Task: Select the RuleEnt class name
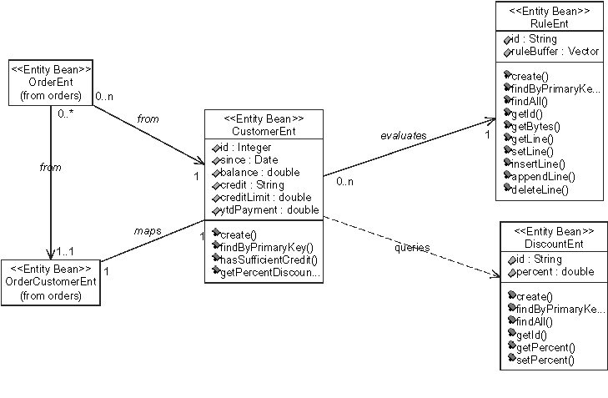(x=548, y=23)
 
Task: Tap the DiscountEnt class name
(x=547, y=243)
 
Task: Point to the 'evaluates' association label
(x=404, y=134)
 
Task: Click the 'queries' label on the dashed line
(x=412, y=248)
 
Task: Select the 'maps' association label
(x=147, y=229)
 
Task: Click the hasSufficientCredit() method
(x=264, y=259)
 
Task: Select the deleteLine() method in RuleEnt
(x=540, y=190)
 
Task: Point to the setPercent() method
(x=544, y=360)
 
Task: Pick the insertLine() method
(x=539, y=164)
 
